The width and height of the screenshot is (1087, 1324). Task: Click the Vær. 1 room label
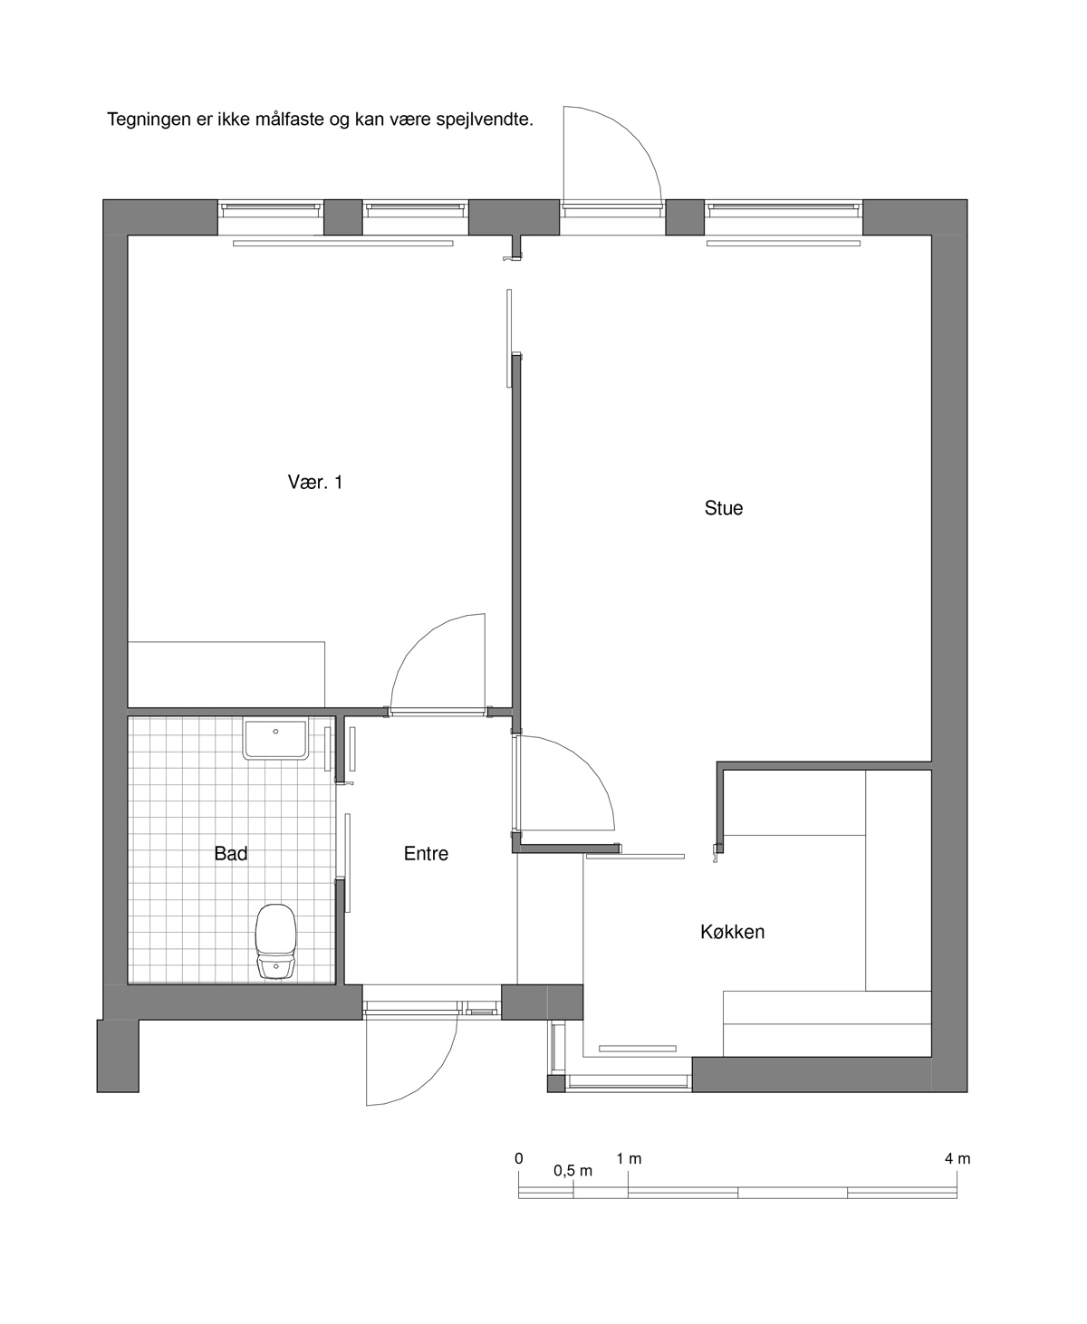(315, 482)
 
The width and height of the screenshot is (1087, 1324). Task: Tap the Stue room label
(724, 508)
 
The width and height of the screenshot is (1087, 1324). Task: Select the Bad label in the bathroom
(230, 853)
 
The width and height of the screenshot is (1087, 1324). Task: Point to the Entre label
(426, 853)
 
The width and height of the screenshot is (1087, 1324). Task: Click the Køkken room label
(732, 932)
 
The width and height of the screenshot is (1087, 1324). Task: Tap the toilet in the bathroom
(275, 941)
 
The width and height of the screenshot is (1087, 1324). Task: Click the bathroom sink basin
(275, 740)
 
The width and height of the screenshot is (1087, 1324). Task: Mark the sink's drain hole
(275, 732)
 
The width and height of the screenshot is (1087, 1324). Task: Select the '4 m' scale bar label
(957, 1158)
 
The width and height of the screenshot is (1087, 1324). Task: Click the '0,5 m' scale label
(572, 1170)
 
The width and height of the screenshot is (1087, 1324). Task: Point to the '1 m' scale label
(629, 1158)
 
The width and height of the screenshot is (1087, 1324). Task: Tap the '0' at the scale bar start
(519, 1158)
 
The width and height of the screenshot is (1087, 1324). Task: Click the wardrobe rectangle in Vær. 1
(226, 675)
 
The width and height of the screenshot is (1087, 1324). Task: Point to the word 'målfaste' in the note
(290, 120)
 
